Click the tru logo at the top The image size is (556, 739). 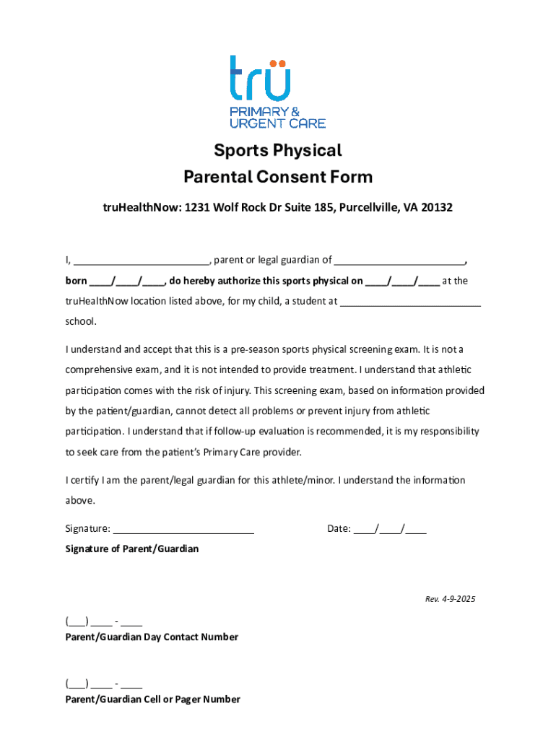point(261,78)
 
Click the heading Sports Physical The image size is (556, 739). point(277,151)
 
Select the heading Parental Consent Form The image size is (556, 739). point(277,177)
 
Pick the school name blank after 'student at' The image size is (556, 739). point(410,302)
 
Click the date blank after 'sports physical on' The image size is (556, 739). point(402,281)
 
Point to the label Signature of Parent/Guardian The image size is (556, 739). point(132,549)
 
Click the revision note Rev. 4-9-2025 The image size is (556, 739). point(450,600)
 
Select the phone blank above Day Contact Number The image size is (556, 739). point(103,621)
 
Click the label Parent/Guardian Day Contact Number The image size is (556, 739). point(152,637)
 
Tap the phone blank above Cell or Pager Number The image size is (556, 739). point(103,683)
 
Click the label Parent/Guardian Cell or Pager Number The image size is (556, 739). point(153,699)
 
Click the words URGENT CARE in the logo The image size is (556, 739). point(277,123)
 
